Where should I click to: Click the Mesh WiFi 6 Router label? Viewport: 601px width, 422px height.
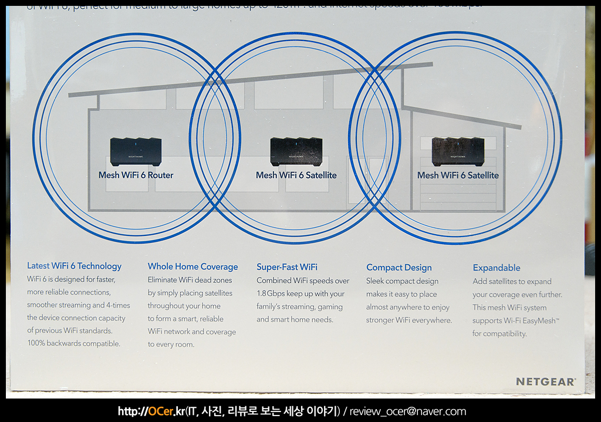pos(136,175)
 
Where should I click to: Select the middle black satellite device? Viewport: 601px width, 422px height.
pos(296,151)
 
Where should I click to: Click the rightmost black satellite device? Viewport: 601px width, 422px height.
pos(458,151)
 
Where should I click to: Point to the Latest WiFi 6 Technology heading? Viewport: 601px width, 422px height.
pos(74,266)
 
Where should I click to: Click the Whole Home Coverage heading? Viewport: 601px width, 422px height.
pos(193,266)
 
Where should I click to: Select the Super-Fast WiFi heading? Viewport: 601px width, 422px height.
pos(287,267)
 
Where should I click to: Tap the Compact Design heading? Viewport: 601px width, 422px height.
pos(399,268)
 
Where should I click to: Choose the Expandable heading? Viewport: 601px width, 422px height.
pos(497,268)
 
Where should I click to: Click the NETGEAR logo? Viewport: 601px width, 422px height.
pos(545,382)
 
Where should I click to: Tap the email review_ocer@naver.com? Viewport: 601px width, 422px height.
pos(408,411)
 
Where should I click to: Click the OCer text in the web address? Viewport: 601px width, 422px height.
pos(160,411)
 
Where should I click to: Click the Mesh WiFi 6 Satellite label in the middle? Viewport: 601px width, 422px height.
pos(296,175)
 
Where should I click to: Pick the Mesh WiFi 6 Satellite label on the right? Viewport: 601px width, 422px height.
pos(458,175)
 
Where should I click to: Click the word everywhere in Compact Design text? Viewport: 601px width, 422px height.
pos(432,320)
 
